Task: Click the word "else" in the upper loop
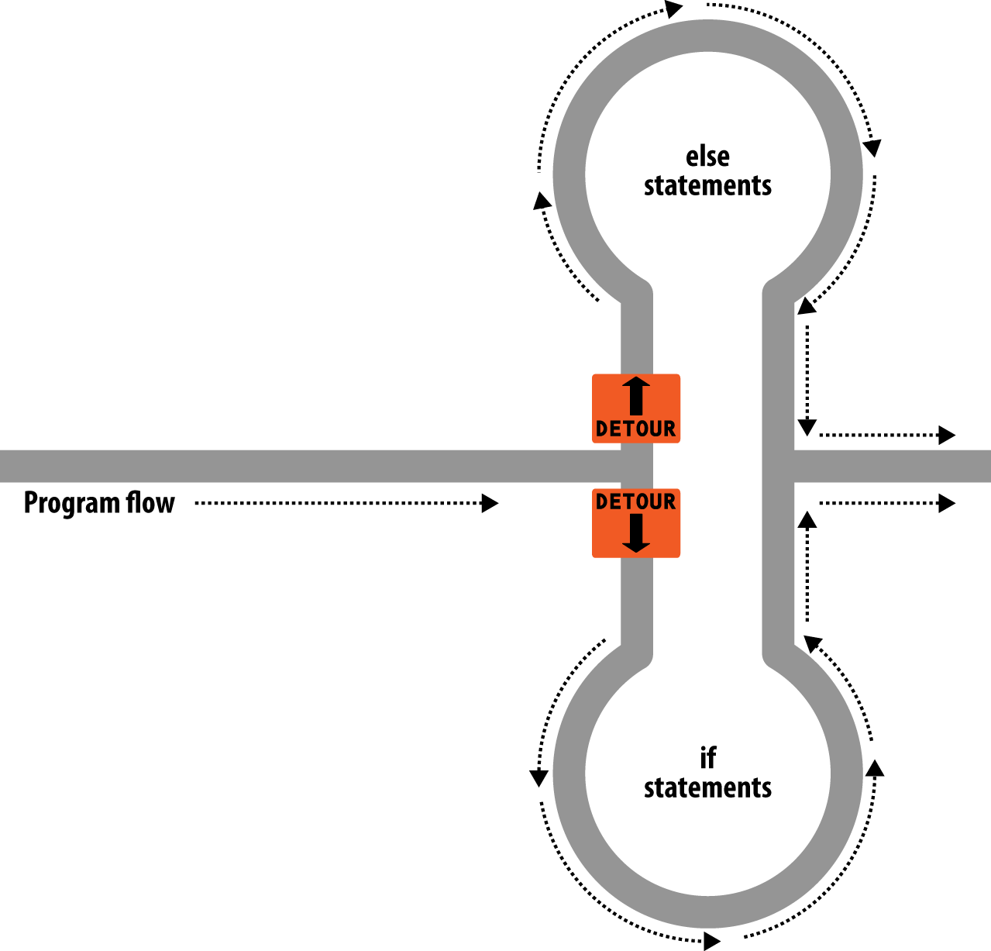pos(707,157)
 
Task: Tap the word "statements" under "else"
pos(707,186)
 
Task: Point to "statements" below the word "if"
pos(707,787)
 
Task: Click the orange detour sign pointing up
pos(636,408)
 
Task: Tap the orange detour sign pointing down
pos(636,523)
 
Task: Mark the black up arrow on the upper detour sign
pos(636,395)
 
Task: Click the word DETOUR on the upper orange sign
pos(636,429)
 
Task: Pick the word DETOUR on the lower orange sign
pos(636,502)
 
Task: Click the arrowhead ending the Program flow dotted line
pos(490,503)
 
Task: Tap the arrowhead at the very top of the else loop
pos(674,9)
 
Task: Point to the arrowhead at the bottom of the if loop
pos(712,942)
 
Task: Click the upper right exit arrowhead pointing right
pos(947,435)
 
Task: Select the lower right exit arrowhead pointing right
pos(947,503)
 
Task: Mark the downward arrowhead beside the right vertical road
pos(807,427)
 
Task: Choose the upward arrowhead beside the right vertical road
pos(807,519)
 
